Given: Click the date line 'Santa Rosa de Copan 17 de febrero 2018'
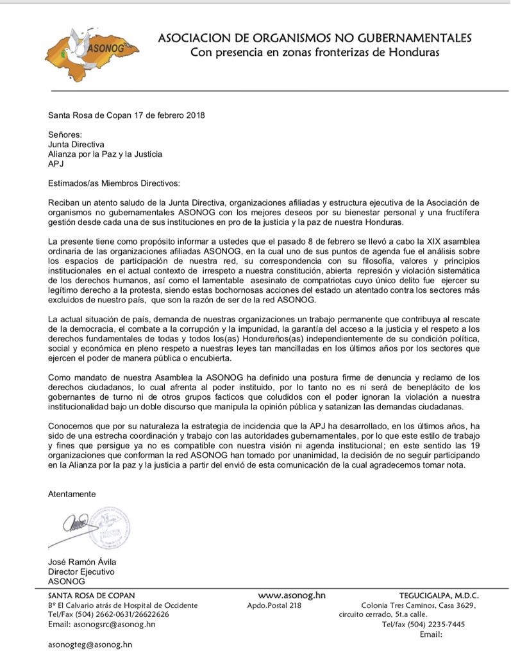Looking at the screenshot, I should point(128,115).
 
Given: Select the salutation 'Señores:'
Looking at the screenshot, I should point(65,135).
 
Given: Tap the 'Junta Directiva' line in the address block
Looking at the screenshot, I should point(76,145).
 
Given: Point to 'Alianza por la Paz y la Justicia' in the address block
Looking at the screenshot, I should point(105,154).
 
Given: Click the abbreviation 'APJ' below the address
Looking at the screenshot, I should point(56,164).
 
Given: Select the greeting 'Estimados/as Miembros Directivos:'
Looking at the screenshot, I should point(115,183).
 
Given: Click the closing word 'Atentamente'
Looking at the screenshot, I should point(72,494).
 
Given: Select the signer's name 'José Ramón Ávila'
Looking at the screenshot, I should point(82,562).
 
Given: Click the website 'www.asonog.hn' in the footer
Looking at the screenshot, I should point(292,595).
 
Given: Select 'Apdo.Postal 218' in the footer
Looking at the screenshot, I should point(274,605).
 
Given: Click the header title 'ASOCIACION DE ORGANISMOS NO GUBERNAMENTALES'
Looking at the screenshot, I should point(315,38).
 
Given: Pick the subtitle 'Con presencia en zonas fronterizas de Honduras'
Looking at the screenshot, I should point(315,52).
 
